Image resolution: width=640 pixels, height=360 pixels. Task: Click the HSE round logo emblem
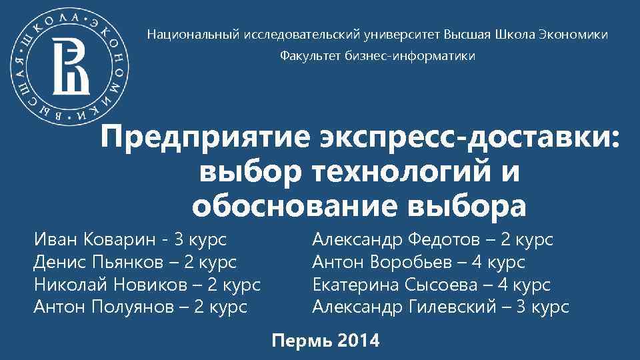71,69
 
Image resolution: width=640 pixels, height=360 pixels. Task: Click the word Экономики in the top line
573,34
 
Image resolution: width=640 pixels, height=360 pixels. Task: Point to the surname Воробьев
426,263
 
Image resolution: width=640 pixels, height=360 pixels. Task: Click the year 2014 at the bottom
358,342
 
